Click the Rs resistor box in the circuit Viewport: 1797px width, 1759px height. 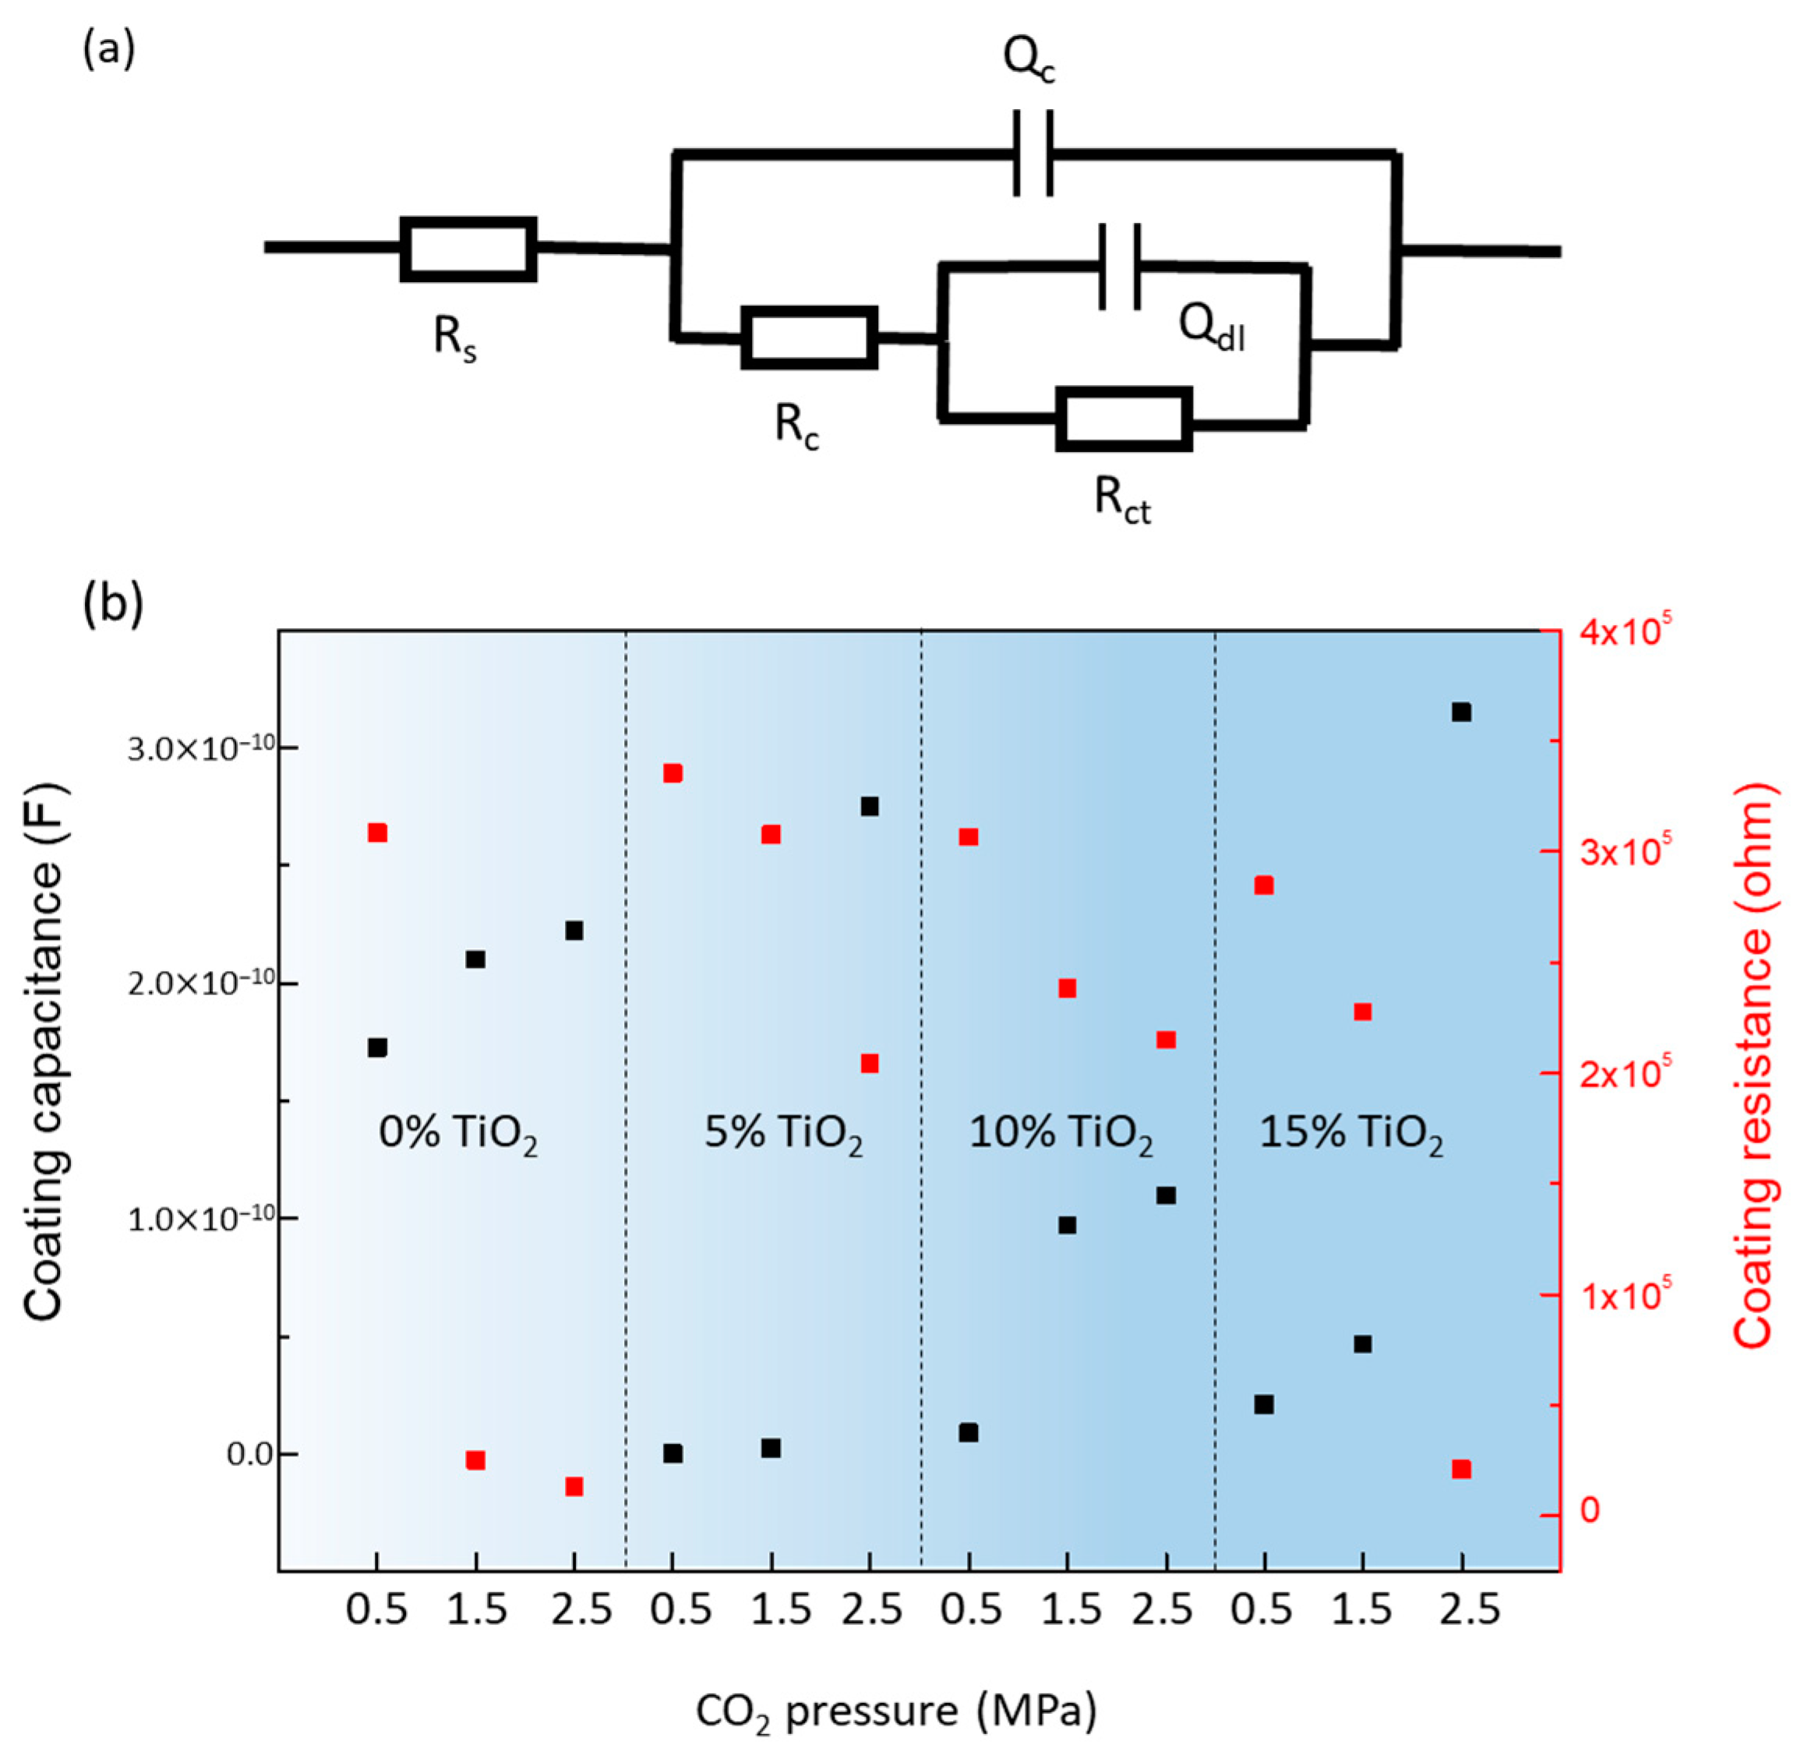(468, 249)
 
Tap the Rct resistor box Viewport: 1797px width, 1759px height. (1124, 419)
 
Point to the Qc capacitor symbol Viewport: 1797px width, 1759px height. (1033, 154)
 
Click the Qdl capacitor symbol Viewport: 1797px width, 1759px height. (1120, 266)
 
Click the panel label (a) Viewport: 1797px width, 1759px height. (109, 50)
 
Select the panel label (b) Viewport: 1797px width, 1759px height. (113, 605)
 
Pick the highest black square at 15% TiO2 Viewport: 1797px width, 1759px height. (1460, 712)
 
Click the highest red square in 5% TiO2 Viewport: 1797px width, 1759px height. (673, 773)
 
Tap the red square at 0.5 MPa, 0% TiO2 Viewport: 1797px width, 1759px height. (377, 832)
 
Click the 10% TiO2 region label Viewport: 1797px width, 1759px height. (1061, 1133)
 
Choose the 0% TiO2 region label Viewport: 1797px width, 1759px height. (457, 1133)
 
